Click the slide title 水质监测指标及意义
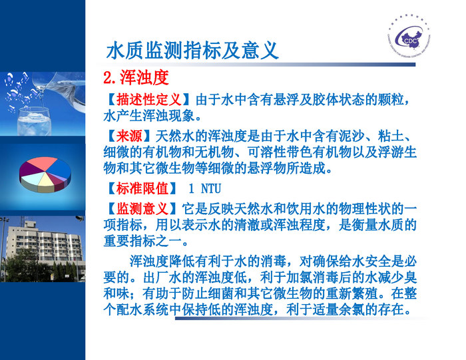coord(192,51)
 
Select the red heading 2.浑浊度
coord(136,78)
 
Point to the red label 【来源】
coord(124,136)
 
